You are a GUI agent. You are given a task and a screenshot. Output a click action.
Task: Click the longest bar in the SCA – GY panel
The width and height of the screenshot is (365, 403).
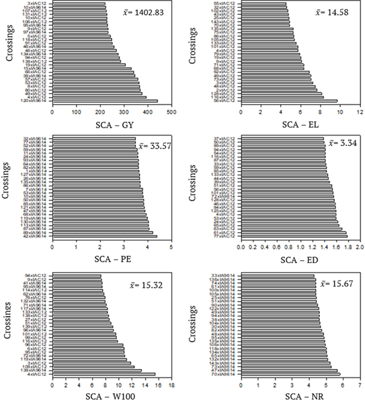pos(105,101)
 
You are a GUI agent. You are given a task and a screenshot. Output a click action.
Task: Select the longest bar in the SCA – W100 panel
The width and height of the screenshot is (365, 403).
pos(104,374)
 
